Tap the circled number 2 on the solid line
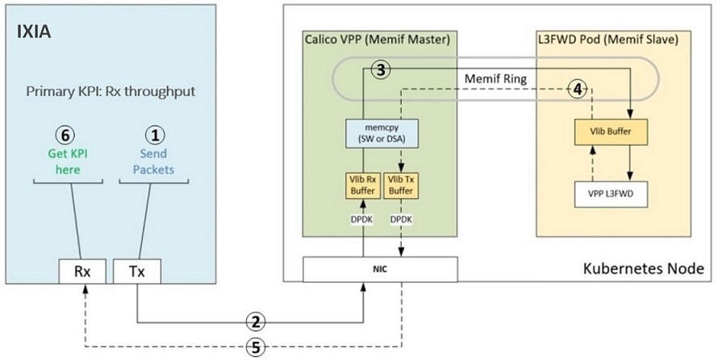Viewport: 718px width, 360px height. [256, 321]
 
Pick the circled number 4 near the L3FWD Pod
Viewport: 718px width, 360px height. [576, 89]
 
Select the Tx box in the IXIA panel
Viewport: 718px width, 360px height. [136, 272]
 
